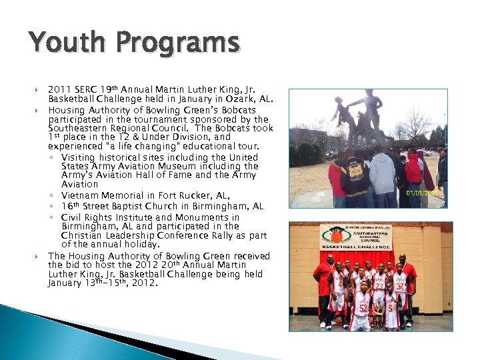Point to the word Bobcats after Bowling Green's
(238, 110)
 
